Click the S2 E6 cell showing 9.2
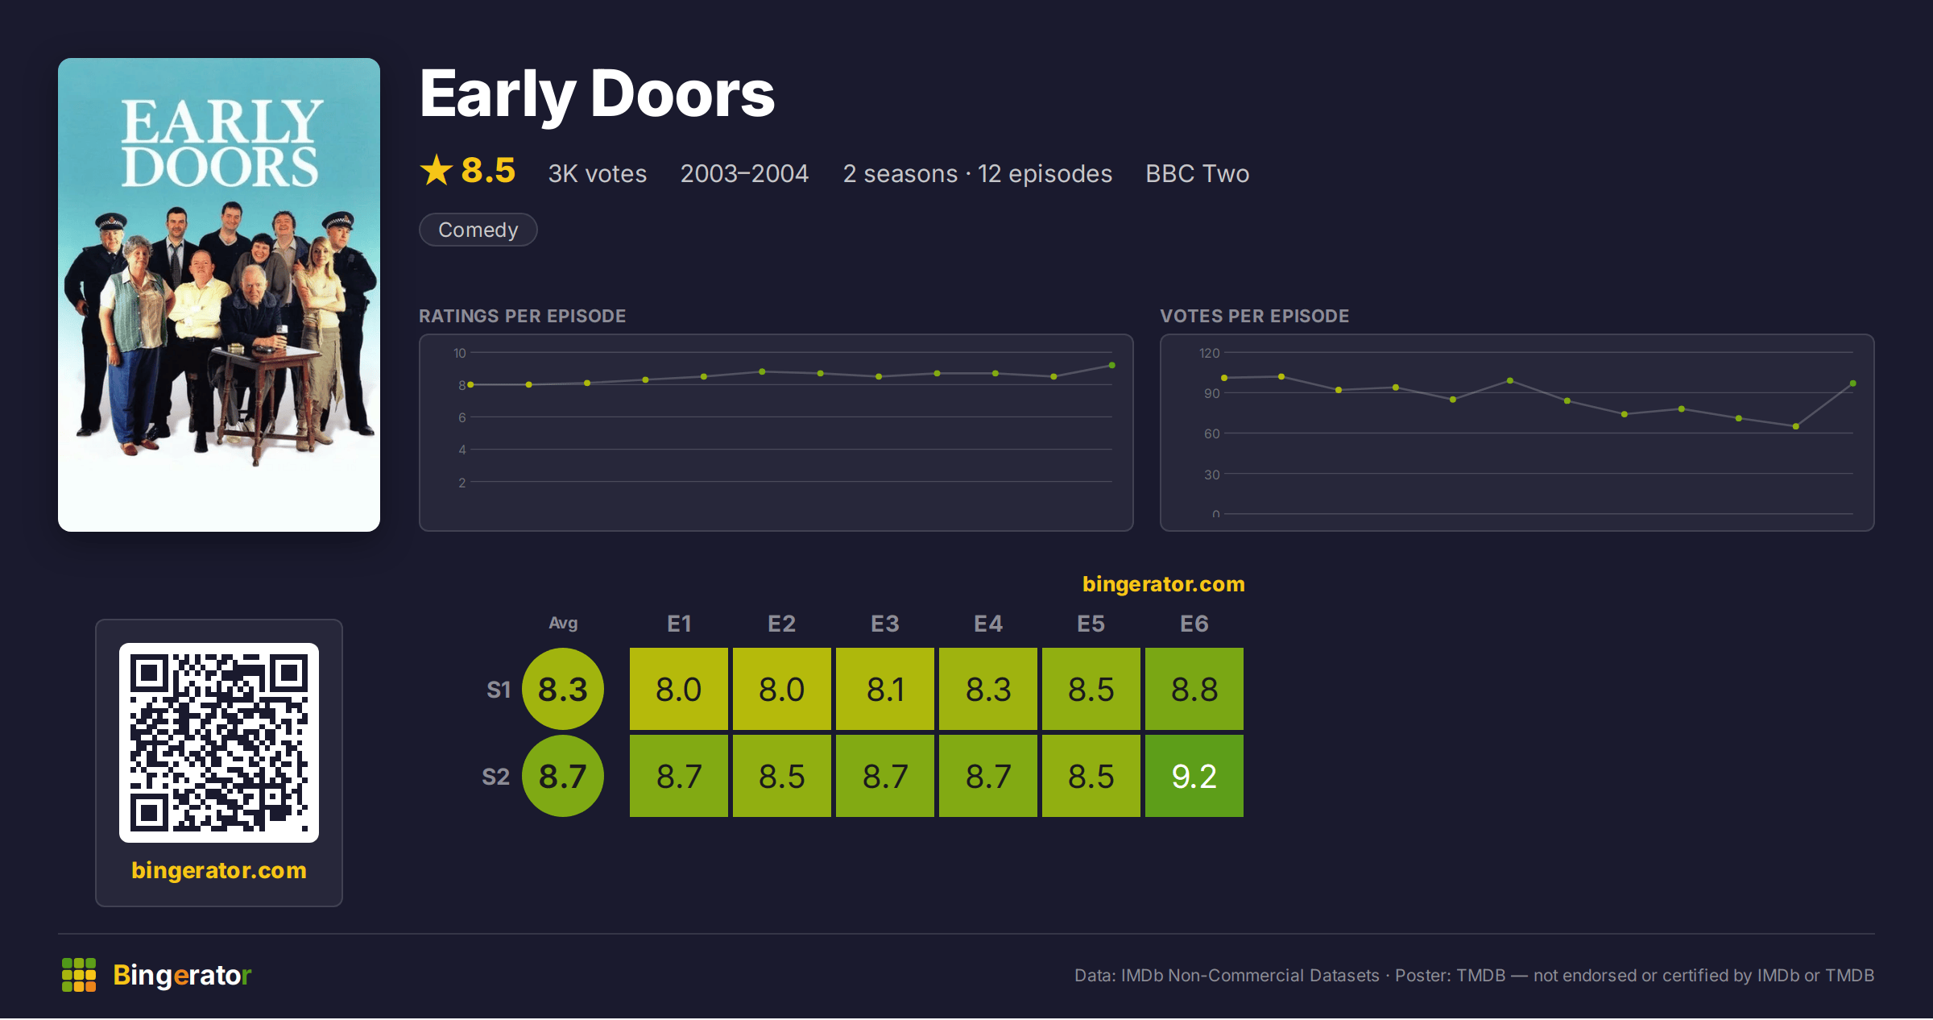point(1194,776)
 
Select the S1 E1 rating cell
point(679,689)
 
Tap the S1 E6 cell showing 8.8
point(1194,689)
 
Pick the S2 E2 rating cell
point(782,776)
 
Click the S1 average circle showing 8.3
point(563,689)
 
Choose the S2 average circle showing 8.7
point(563,776)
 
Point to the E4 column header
point(988,624)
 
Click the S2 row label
point(496,777)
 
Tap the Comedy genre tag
point(478,230)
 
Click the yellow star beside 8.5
point(437,170)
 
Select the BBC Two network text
point(1198,173)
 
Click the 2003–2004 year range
point(744,173)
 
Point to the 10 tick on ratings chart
point(460,353)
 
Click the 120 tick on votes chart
point(1210,353)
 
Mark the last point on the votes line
point(1853,384)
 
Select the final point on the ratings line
point(1112,366)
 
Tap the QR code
point(219,743)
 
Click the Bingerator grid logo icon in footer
point(79,975)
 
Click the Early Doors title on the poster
point(221,143)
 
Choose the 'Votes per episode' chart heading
point(1255,316)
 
